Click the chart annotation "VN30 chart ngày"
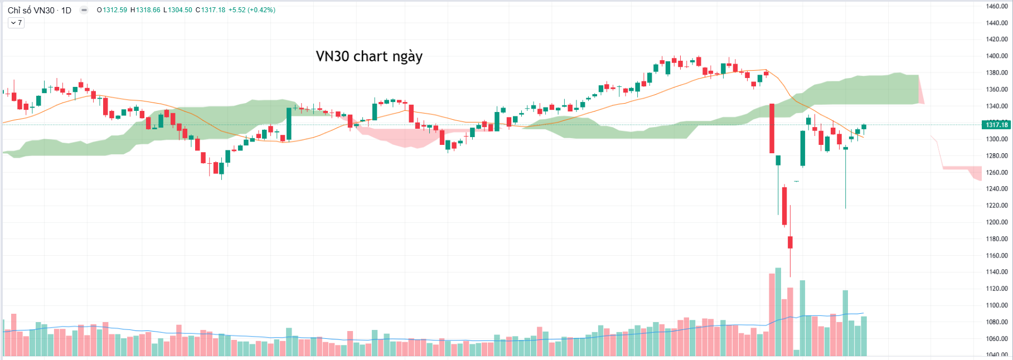[x=369, y=56]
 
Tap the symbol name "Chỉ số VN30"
[x=31, y=10]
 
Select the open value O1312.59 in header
[x=112, y=10]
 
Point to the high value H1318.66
[x=145, y=10]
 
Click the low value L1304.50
[x=177, y=10]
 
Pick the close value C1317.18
[x=210, y=10]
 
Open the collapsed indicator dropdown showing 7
[x=16, y=23]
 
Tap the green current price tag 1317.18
[x=996, y=124]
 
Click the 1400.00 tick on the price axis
[x=996, y=56]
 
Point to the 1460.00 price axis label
[x=996, y=7]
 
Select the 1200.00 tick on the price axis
[x=996, y=222]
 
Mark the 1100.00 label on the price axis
[x=996, y=305]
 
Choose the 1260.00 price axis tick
[x=996, y=172]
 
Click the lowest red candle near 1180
[x=790, y=242]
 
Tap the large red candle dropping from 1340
[x=772, y=128]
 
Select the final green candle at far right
[x=864, y=127]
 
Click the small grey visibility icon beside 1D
[x=84, y=10]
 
